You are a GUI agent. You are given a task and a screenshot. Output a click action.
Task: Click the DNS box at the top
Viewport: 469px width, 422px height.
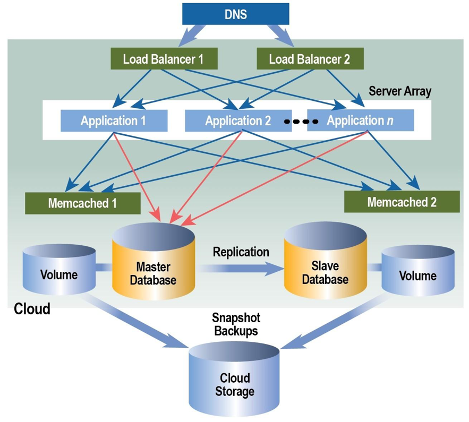tap(235, 14)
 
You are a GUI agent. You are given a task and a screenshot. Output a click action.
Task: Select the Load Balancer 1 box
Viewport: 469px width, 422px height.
tap(163, 58)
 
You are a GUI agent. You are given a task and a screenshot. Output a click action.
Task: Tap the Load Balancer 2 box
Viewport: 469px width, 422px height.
tap(310, 58)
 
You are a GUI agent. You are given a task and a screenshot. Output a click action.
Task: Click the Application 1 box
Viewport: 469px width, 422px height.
tap(114, 120)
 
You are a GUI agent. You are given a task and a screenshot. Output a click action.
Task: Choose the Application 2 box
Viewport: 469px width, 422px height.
tap(237, 120)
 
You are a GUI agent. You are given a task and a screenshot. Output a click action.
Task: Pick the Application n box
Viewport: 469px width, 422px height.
tap(360, 120)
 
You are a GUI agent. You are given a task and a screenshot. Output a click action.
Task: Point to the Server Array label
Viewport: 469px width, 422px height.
tap(400, 91)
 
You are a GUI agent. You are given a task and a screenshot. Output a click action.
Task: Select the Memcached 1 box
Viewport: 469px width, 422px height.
tap(82, 203)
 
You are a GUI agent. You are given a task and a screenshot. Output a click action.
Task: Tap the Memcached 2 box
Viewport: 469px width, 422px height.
tap(402, 202)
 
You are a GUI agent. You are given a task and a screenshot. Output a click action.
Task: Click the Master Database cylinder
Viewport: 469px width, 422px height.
tap(153, 265)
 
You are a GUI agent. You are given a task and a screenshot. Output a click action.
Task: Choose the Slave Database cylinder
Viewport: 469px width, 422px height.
tap(326, 265)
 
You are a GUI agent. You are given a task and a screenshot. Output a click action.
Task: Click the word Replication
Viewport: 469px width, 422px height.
tap(241, 251)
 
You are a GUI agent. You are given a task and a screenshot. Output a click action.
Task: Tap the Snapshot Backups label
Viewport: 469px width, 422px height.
tap(235, 324)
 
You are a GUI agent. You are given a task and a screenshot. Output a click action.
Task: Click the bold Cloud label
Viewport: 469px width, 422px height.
tap(32, 308)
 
